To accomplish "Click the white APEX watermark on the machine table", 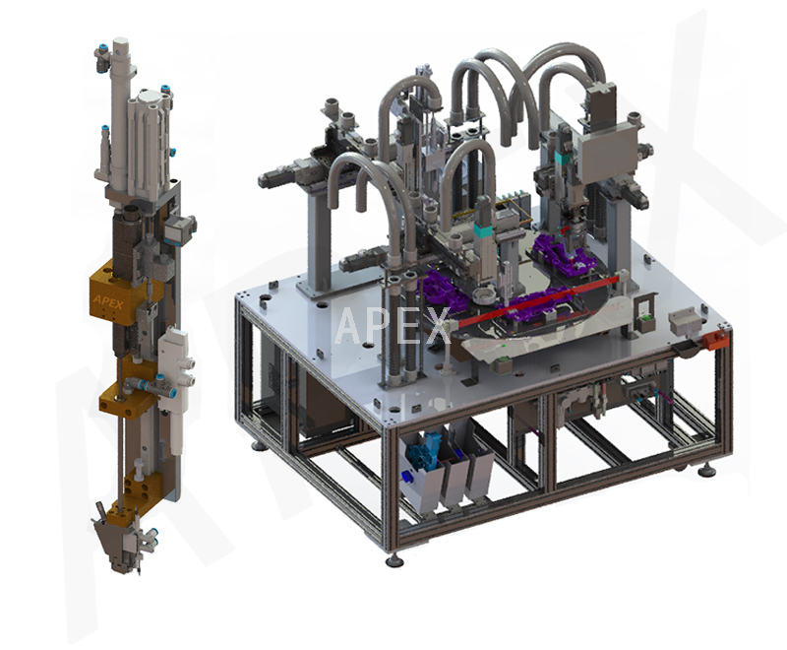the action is [x=391, y=326].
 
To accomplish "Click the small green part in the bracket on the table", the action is [x=647, y=318].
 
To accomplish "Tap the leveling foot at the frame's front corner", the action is [x=393, y=558].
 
